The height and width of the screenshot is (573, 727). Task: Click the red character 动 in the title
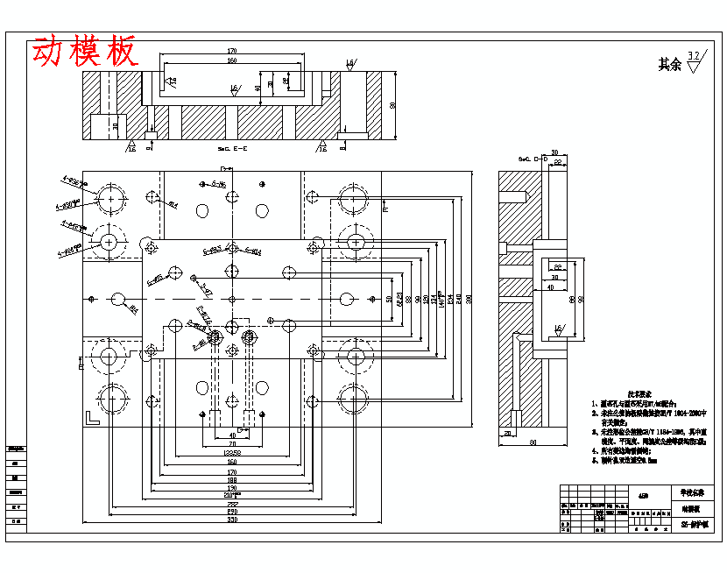click(49, 52)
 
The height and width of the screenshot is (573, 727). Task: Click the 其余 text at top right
click(669, 64)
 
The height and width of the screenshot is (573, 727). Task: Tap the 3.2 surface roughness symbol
click(695, 61)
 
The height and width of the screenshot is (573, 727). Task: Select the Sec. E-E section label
click(233, 149)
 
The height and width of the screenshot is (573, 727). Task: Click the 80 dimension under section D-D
click(532, 442)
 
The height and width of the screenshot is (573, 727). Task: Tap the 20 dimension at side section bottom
click(507, 433)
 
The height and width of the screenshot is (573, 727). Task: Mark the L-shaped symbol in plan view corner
click(92, 416)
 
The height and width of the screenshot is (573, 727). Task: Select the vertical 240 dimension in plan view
click(461, 300)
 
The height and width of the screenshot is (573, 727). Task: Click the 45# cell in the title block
click(644, 496)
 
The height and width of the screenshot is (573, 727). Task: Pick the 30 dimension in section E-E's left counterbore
click(116, 125)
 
